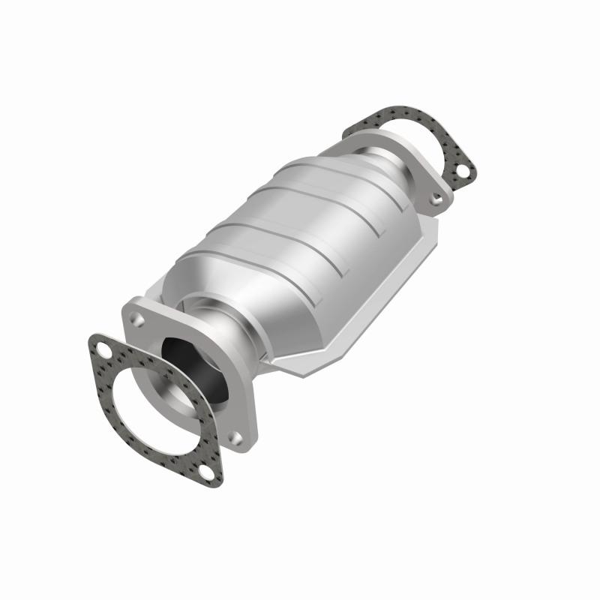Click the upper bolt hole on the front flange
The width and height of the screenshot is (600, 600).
click(138, 319)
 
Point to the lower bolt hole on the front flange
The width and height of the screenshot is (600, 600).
click(235, 437)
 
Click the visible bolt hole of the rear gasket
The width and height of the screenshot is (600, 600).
click(463, 172)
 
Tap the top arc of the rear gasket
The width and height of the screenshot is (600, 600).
click(390, 116)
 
